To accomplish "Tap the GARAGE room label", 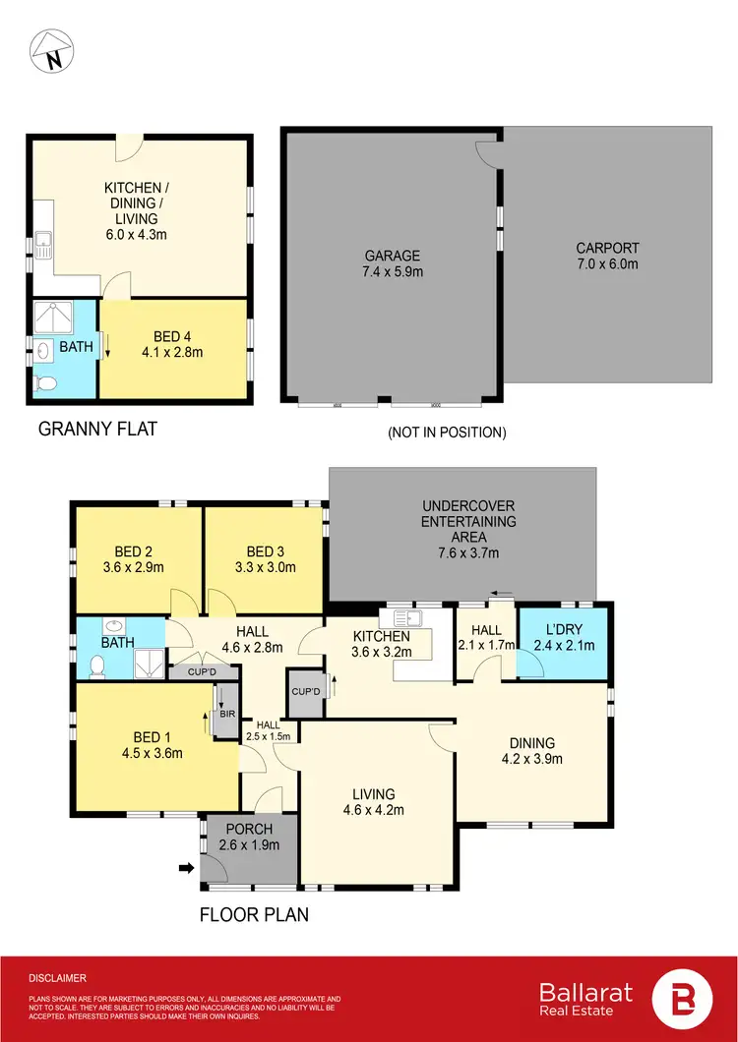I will coord(393,256).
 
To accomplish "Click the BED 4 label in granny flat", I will coord(172,338).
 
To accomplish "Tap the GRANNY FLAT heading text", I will coord(96,429).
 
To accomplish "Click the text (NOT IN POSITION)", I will coord(447,432).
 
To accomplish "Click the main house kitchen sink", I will coord(406,618).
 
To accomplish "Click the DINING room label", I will coord(532,743).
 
